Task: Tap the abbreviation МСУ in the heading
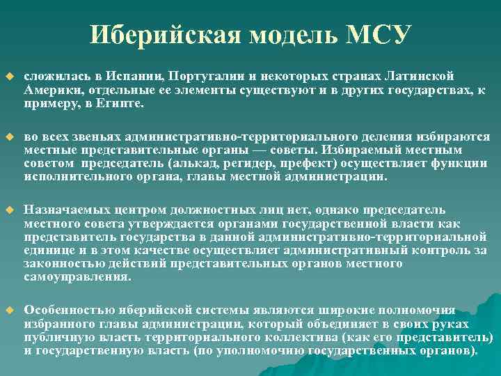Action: coord(380,34)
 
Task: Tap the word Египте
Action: coord(121,103)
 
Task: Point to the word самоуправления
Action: coord(77,276)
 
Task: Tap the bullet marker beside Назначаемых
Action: coord(9,210)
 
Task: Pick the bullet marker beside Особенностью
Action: coord(9,310)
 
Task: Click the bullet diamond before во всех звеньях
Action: coord(9,136)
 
